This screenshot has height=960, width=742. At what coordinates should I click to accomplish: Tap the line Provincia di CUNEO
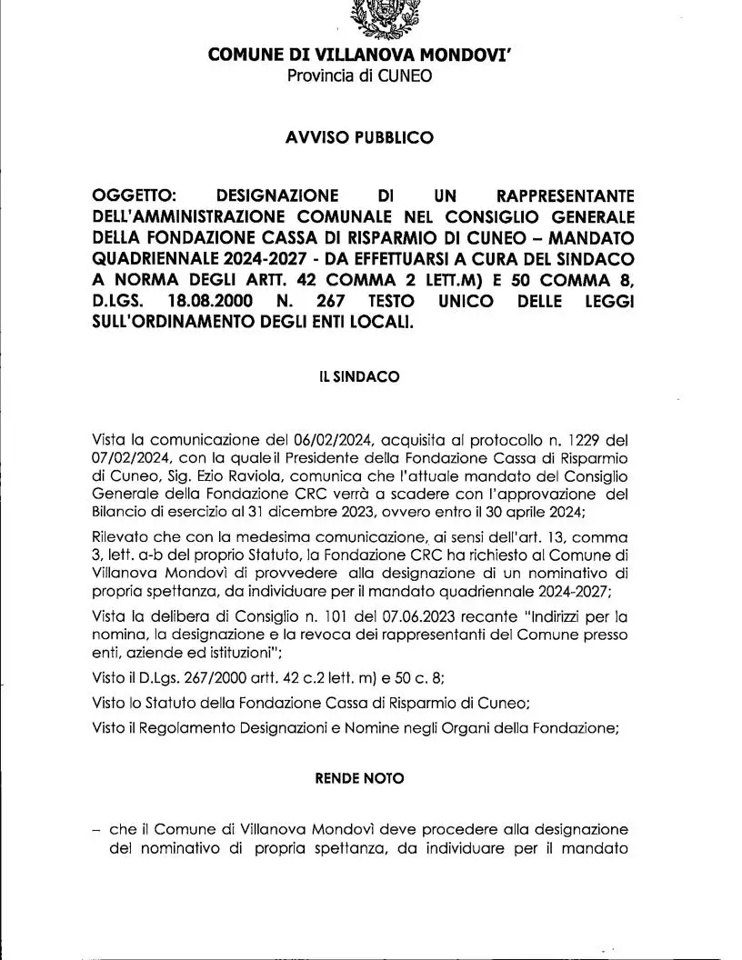click(x=360, y=75)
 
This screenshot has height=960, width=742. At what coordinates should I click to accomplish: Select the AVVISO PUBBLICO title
click(x=360, y=138)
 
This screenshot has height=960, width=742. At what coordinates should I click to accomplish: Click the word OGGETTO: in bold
click(x=135, y=196)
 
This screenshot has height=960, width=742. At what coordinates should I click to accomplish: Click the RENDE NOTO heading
click(x=359, y=779)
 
